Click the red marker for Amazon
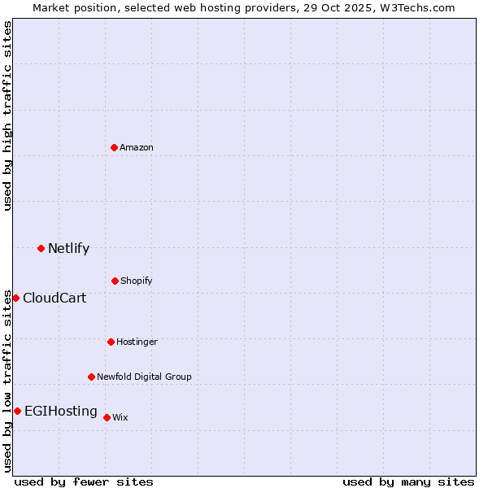(x=114, y=147)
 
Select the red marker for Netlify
(x=41, y=248)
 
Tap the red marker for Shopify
(x=115, y=281)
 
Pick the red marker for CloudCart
(x=15, y=298)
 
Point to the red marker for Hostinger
(x=111, y=342)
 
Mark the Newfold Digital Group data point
(x=91, y=377)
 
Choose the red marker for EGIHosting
(x=17, y=411)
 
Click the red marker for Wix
(x=107, y=417)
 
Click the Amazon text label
(x=137, y=147)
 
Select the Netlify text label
(x=68, y=249)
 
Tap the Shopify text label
(x=137, y=281)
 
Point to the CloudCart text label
(x=54, y=298)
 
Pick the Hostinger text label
(x=137, y=342)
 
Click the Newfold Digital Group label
(x=144, y=377)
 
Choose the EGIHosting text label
(x=61, y=412)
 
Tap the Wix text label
(x=120, y=417)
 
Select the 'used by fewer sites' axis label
(x=84, y=481)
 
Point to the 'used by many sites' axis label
(x=408, y=481)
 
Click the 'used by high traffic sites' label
(x=8, y=115)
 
